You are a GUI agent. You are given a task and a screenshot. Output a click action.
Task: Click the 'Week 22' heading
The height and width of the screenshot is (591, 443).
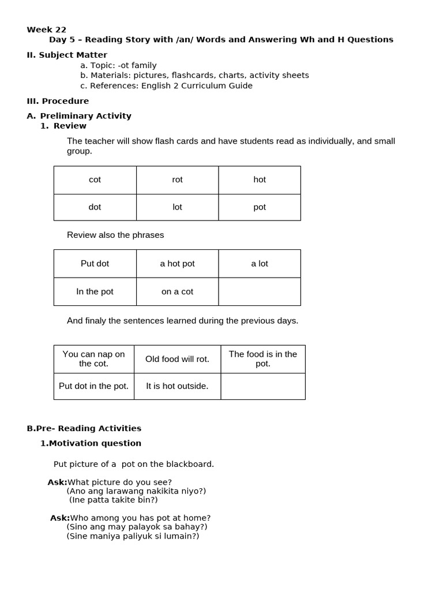[x=47, y=29]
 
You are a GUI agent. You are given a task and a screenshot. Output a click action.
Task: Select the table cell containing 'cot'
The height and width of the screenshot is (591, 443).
[x=95, y=179]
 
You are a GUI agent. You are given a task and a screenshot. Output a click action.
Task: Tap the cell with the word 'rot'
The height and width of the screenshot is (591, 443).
[x=177, y=179]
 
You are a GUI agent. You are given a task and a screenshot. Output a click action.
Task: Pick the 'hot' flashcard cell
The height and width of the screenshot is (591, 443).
[x=260, y=179]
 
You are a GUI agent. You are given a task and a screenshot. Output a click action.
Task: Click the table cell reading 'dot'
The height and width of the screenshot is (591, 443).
[x=95, y=207]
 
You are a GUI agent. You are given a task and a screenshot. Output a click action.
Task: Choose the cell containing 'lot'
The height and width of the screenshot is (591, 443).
[x=177, y=207]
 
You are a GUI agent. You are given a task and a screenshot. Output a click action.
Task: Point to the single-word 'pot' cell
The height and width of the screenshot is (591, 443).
[x=260, y=207]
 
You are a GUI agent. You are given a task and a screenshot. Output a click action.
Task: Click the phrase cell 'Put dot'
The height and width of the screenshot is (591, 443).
[x=95, y=263]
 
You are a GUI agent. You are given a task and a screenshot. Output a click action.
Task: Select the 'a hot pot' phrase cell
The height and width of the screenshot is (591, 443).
[x=177, y=263]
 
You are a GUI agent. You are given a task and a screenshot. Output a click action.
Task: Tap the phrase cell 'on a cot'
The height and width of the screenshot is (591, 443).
[x=177, y=291]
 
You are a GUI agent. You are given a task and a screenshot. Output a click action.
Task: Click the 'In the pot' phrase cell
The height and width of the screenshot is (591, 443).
[x=95, y=291]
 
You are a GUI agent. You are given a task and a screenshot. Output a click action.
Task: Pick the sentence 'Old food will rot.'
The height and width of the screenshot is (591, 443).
[x=177, y=359]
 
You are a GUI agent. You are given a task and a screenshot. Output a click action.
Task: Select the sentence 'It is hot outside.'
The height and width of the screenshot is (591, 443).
[x=177, y=386]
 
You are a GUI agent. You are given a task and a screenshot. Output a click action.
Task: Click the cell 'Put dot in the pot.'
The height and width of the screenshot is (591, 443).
[x=94, y=386]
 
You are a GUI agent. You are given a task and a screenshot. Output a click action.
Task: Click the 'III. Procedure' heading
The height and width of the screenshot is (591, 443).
[x=58, y=101]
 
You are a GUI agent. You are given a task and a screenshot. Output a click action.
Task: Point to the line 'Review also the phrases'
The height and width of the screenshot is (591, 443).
[x=115, y=235]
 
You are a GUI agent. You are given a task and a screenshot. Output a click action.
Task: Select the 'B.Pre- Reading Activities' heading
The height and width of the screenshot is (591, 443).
[x=84, y=428]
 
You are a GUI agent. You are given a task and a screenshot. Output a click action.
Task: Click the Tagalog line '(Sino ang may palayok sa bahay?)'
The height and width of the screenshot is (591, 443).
[x=137, y=526]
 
